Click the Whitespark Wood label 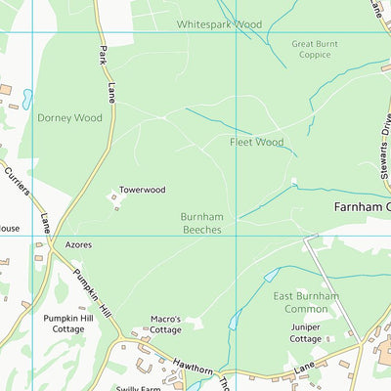click(220, 23)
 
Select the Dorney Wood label click(69, 117)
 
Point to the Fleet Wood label click(256, 142)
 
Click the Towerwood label click(143, 190)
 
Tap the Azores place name click(78, 245)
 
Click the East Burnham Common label click(305, 302)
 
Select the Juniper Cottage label click(305, 332)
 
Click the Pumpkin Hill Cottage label click(70, 324)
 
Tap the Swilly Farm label click(137, 388)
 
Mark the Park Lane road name click(105, 73)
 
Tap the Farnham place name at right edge click(362, 207)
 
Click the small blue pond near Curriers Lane click(26, 100)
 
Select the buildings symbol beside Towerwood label click(116, 200)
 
